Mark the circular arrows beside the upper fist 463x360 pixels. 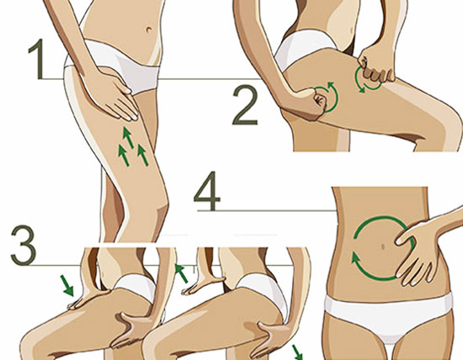366,80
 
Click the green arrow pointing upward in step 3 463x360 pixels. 178,271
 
